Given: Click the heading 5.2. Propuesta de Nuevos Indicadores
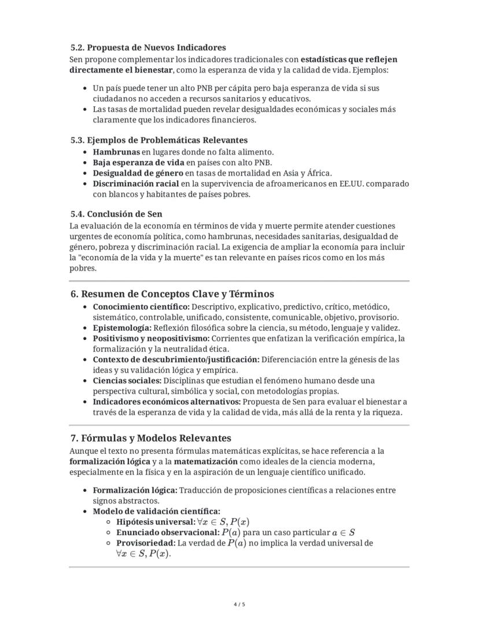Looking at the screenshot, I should [148, 47].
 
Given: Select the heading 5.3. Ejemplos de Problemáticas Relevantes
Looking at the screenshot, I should [159, 140].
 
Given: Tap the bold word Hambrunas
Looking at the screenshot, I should [116, 151].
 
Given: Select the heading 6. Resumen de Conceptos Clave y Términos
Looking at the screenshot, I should [172, 294].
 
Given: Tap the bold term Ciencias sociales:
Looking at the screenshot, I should [127, 380].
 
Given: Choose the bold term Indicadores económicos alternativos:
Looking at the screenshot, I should [166, 402].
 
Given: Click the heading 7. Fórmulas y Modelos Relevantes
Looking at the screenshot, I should [150, 438].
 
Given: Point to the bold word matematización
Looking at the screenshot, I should [205, 462].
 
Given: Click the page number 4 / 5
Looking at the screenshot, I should [239, 605].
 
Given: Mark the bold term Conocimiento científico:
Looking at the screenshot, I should [141, 306].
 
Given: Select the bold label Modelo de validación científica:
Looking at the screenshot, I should [156, 511].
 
